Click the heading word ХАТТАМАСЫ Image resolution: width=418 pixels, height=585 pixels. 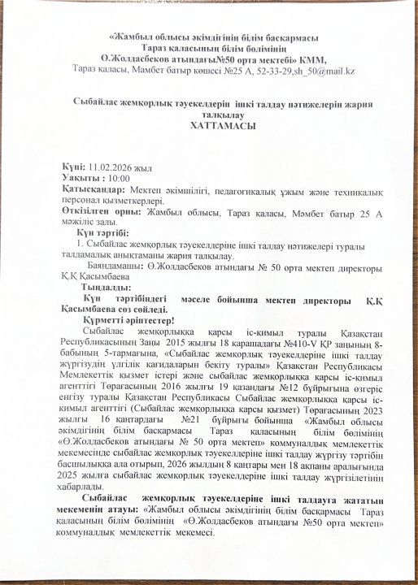click(x=211, y=128)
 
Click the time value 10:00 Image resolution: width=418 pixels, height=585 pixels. click(x=118, y=177)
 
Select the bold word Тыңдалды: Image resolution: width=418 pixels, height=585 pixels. click(x=104, y=288)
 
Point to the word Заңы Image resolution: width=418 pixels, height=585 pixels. click(x=170, y=344)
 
